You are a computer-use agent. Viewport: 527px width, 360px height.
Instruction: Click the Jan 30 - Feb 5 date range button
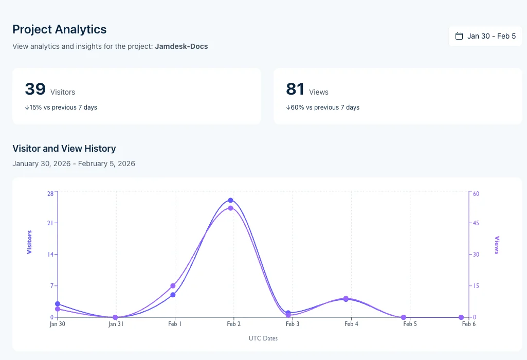tap(485, 37)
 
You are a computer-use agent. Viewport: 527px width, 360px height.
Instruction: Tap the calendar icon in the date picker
tap(459, 37)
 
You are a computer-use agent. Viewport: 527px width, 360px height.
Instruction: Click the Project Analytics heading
tap(60, 29)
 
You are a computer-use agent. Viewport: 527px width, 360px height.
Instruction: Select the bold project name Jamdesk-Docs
tap(181, 46)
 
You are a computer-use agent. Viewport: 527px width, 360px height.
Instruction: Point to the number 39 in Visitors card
tap(35, 89)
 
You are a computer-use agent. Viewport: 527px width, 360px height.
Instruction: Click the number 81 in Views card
tap(295, 89)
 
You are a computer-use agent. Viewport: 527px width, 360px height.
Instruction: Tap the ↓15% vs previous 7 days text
tap(61, 107)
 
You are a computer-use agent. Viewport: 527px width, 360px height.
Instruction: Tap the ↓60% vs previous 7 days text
tap(322, 107)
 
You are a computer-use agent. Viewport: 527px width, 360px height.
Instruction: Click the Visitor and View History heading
tap(64, 149)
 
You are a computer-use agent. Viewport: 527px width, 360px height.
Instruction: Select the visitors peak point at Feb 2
tap(231, 200)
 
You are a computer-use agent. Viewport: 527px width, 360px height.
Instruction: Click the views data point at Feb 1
tap(173, 286)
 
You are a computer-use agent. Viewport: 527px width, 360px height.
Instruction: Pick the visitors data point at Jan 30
tap(58, 304)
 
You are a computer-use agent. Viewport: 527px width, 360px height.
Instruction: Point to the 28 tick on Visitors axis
tap(50, 193)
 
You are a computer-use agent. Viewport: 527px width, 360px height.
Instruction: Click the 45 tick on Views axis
tap(476, 223)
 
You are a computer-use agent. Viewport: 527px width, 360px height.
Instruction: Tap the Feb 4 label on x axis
tap(352, 325)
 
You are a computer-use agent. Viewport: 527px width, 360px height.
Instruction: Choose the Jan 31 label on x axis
tap(116, 325)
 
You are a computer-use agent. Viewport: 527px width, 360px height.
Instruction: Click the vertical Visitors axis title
tap(29, 242)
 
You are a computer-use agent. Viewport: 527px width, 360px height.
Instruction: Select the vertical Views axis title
tap(497, 245)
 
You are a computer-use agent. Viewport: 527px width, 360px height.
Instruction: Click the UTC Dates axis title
tap(263, 338)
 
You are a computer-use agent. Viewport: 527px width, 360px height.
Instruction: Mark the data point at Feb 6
tap(461, 317)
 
